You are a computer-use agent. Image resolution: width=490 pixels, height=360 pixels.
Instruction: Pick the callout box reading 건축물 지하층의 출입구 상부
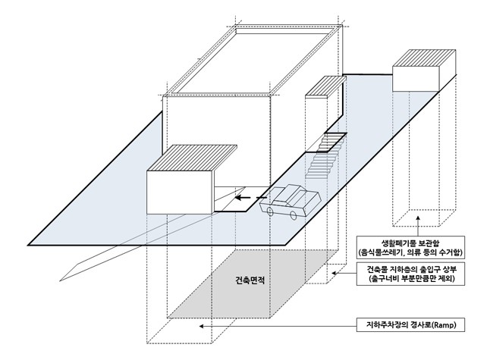[x=413, y=274]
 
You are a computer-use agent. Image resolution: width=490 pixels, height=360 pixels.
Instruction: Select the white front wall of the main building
[x=216, y=136]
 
